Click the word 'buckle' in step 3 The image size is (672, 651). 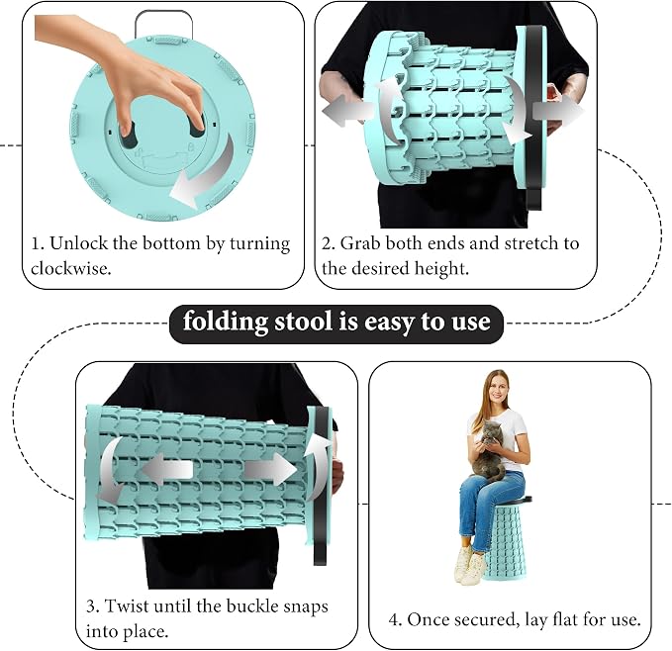[x=251, y=606]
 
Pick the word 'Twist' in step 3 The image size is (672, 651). [x=127, y=606]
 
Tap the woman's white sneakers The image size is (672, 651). [x=469, y=565]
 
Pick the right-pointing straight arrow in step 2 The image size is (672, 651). [x=558, y=112]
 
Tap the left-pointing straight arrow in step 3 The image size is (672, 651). [x=167, y=469]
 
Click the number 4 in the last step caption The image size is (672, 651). [x=394, y=619]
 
